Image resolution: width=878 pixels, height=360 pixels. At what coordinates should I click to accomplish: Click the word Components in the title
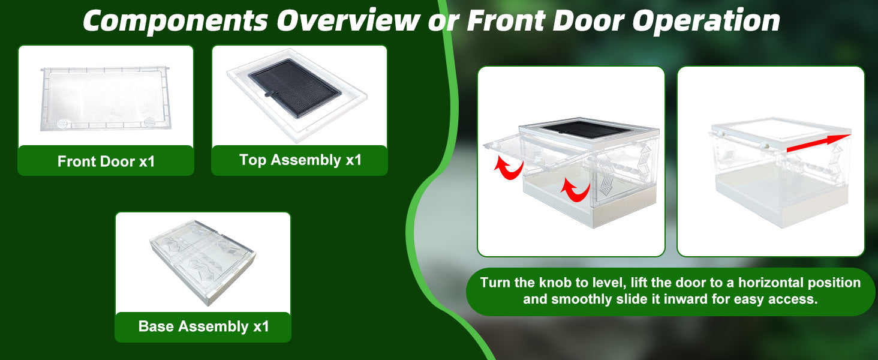pyautogui.click(x=175, y=20)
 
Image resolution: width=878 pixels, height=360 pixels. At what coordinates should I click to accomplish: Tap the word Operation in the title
pyautogui.click(x=706, y=21)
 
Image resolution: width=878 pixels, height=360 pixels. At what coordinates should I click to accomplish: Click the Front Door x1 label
pyautogui.click(x=106, y=161)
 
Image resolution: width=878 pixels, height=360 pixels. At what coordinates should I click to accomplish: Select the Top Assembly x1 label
pyautogui.click(x=300, y=160)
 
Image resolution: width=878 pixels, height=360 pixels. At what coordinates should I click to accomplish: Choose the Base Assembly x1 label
pyautogui.click(x=204, y=326)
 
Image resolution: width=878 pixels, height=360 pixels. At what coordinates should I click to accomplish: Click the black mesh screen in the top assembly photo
pyautogui.click(x=294, y=88)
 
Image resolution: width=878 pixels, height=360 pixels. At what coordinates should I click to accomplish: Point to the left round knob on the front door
pyautogui.click(x=62, y=124)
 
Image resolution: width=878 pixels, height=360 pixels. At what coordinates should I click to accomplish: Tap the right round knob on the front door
pyautogui.click(x=149, y=122)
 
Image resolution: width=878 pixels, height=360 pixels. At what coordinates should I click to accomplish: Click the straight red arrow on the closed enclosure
pyautogui.click(x=819, y=143)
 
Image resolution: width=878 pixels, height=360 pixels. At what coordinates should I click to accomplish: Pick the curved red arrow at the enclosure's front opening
pyautogui.click(x=575, y=190)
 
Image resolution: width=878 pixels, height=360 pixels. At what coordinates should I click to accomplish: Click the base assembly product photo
pyautogui.click(x=203, y=262)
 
